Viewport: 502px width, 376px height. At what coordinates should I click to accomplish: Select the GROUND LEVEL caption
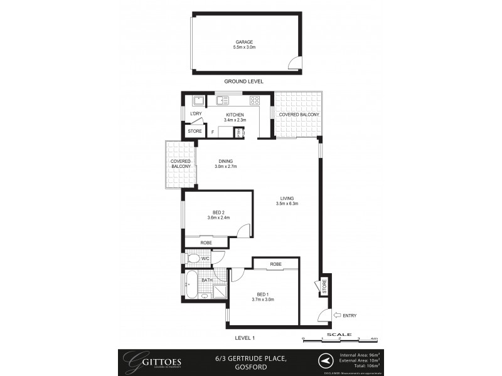(x=243, y=81)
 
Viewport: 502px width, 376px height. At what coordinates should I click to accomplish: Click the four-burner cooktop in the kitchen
(x=255, y=100)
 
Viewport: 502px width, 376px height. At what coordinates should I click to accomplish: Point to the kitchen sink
(x=222, y=100)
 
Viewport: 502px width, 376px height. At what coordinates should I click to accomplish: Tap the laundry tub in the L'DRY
(x=197, y=100)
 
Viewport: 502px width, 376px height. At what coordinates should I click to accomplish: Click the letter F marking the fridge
(x=213, y=132)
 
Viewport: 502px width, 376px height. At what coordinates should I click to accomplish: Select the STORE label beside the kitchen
(x=195, y=132)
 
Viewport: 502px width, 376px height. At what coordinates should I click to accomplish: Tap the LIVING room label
(x=287, y=198)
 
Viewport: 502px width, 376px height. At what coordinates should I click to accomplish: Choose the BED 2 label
(x=218, y=212)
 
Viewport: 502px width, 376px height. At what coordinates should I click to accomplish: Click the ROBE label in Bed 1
(x=275, y=264)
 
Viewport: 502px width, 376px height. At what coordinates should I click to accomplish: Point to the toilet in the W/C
(x=194, y=259)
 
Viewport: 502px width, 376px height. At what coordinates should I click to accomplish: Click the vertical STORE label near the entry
(x=324, y=287)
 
